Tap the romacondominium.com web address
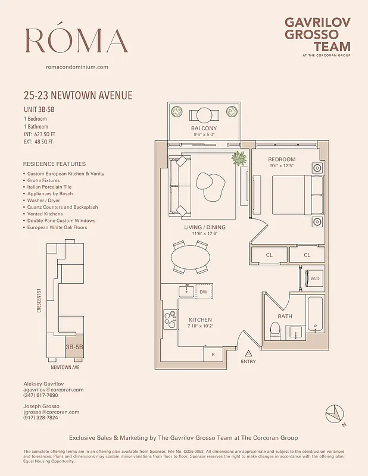pyautogui.click(x=77, y=67)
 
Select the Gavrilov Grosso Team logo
pyautogui.click(x=317, y=36)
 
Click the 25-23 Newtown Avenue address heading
pyautogui.click(x=77, y=95)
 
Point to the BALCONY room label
pyautogui.click(x=204, y=129)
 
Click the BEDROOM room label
pyautogui.click(x=282, y=159)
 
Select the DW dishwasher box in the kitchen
pyautogui.click(x=204, y=292)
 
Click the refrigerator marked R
pyautogui.click(x=213, y=355)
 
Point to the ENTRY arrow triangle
pyautogui.click(x=248, y=353)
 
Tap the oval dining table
pyautogui.click(x=191, y=258)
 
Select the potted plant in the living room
pyautogui.click(x=239, y=158)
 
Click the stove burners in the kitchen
pyautogui.click(x=170, y=320)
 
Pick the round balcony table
pyautogui.click(x=204, y=114)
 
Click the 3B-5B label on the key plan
pyautogui.click(x=74, y=346)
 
